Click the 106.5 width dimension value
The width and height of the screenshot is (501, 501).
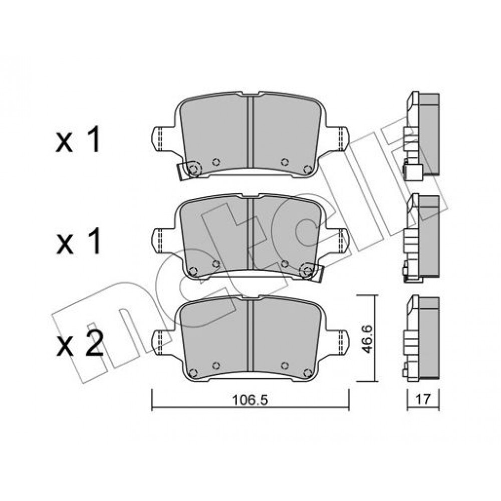pyautogui.click(x=249, y=400)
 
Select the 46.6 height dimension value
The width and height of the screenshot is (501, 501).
pyautogui.click(x=367, y=339)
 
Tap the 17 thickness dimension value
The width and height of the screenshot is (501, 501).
pyautogui.click(x=423, y=399)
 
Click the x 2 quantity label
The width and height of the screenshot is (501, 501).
pyautogui.click(x=80, y=344)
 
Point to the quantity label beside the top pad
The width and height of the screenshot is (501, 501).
pyautogui.click(x=78, y=140)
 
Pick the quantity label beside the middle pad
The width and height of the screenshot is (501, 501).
pyautogui.click(x=78, y=241)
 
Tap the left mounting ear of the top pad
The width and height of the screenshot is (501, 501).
pyautogui.click(x=162, y=139)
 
